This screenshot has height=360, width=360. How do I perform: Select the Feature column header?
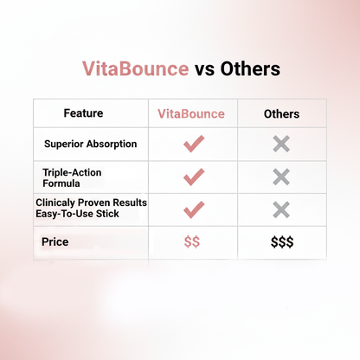pyautogui.click(x=83, y=113)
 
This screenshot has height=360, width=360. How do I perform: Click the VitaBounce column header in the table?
pyautogui.click(x=191, y=113)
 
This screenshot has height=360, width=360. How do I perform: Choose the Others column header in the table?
pyautogui.click(x=281, y=113)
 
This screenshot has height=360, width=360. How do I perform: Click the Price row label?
pyautogui.click(x=55, y=242)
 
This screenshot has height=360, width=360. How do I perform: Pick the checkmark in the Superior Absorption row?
pyautogui.click(x=193, y=144)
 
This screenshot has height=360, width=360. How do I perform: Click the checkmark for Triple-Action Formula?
pyautogui.click(x=193, y=177)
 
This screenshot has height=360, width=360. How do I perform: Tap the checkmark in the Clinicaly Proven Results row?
pyautogui.click(x=193, y=209)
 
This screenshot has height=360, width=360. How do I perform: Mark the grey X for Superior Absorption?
pyautogui.click(x=281, y=144)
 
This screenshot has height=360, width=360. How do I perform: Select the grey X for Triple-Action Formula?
pyautogui.click(x=281, y=177)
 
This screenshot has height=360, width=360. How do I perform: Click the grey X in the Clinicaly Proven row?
pyautogui.click(x=281, y=209)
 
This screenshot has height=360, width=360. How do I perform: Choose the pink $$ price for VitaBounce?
pyautogui.click(x=192, y=242)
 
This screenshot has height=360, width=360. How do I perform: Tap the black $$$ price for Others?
pyautogui.click(x=281, y=242)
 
